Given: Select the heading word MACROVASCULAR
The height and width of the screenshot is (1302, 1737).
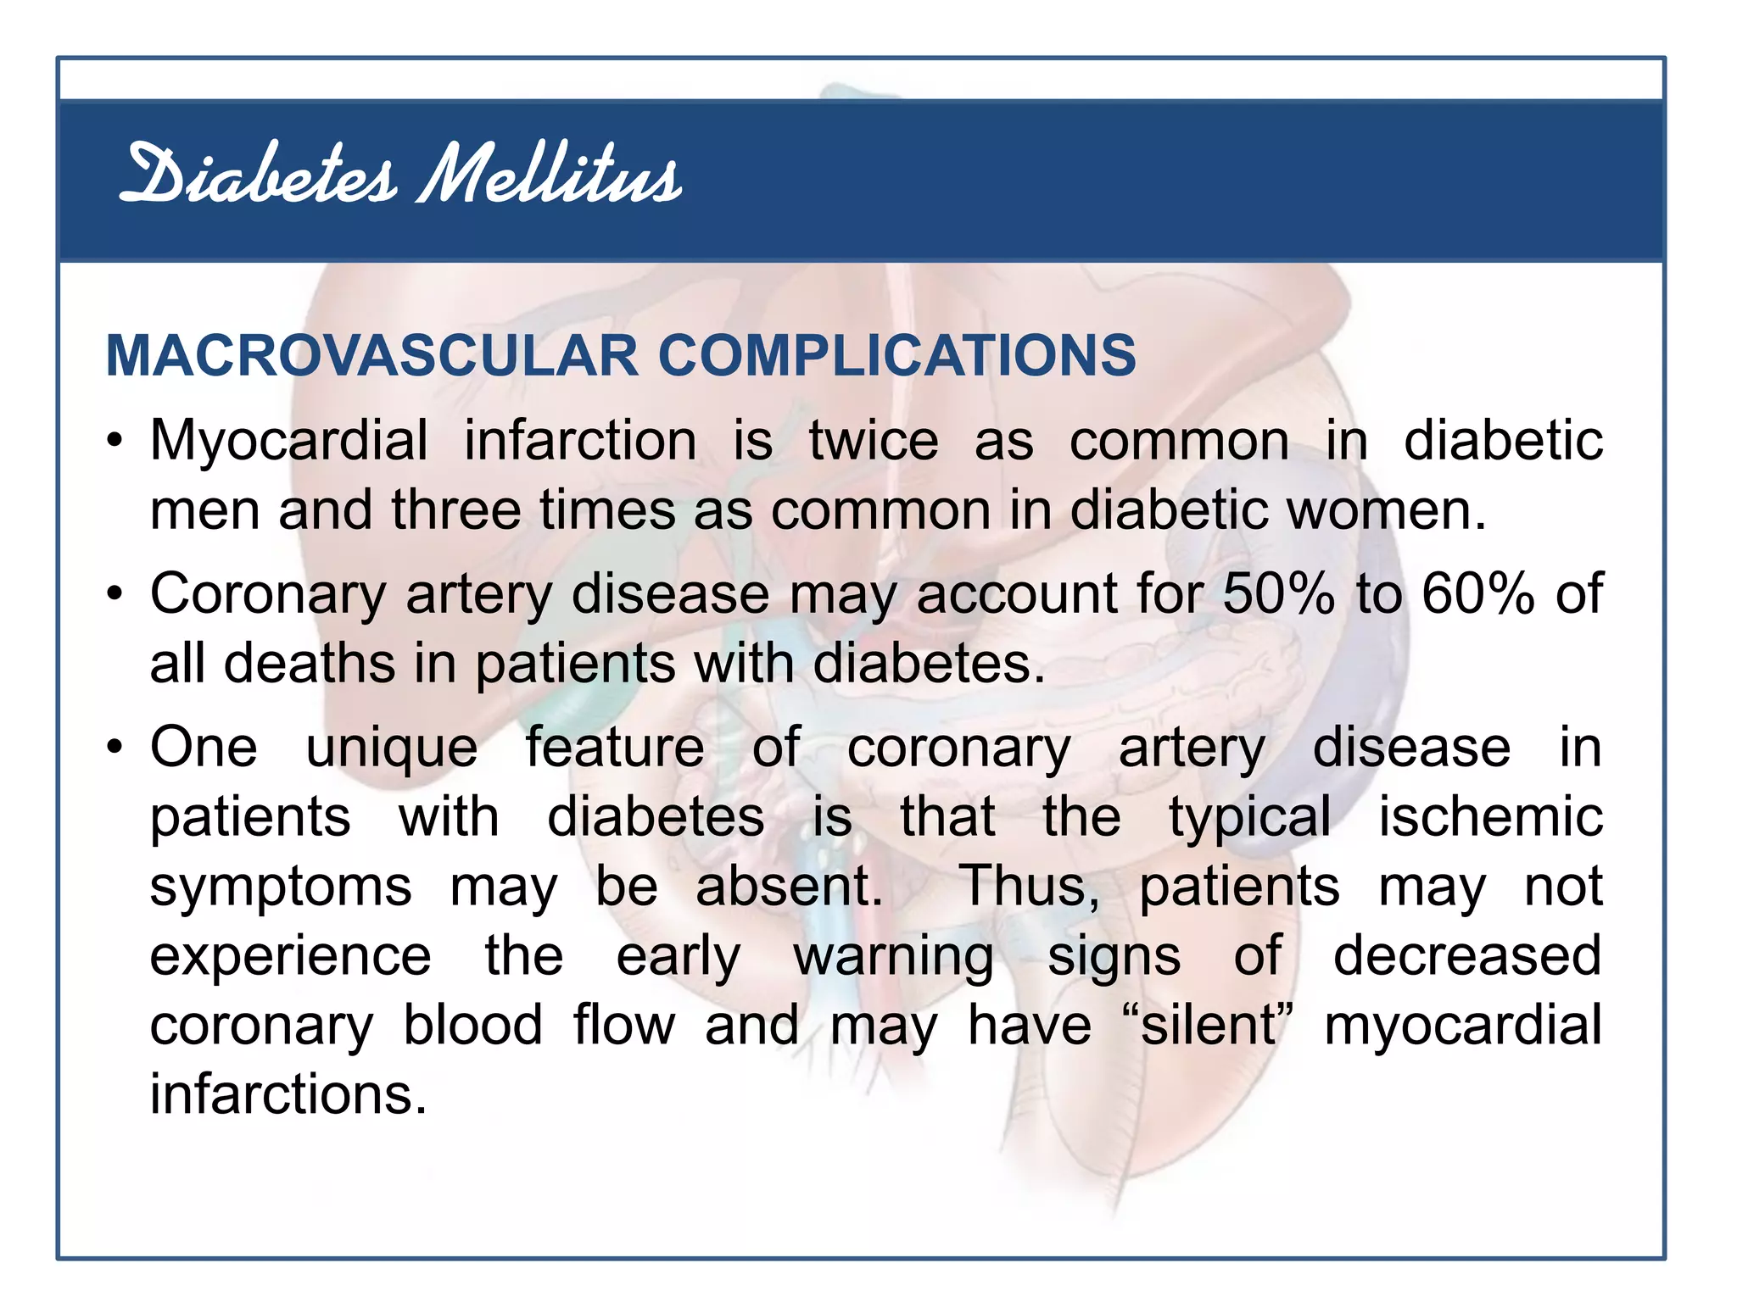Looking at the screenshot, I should pyautogui.click(x=371, y=355).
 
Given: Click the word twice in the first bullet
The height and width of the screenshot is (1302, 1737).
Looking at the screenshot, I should pyautogui.click(x=874, y=442).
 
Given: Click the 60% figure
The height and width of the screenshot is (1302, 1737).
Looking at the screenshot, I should pyautogui.click(x=1478, y=593).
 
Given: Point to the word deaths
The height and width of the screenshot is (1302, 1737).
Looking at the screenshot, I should pyautogui.click(x=309, y=663).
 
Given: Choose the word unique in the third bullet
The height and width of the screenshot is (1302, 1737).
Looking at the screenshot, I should pyautogui.click(x=392, y=749).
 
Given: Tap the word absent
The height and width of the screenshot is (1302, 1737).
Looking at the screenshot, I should pyautogui.click(x=790, y=887).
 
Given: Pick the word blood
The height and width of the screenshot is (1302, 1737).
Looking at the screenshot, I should pyautogui.click(x=472, y=1026).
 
